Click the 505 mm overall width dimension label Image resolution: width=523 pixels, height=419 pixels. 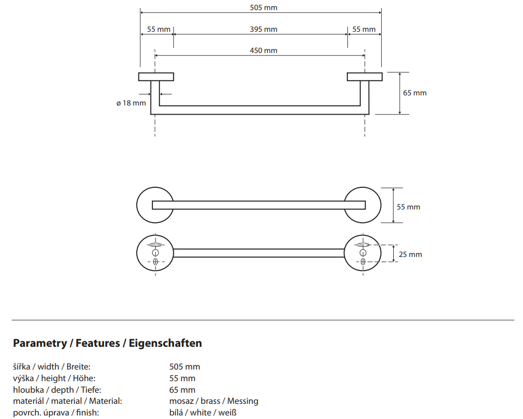264,8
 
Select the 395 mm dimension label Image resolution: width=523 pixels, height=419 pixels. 264,29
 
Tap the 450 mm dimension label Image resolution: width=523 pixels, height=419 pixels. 264,50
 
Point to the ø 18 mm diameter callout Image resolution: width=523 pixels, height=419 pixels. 131,103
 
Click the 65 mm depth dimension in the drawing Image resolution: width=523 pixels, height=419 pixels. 414,93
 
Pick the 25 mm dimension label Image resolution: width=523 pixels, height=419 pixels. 410,254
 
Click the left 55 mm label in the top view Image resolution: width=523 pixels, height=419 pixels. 159,29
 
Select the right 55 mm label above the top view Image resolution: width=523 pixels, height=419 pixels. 364,29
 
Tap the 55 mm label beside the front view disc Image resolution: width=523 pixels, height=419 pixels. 408,207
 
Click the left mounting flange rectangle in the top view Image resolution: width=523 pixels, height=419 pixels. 156,77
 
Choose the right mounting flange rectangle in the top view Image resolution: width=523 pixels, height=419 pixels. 364,77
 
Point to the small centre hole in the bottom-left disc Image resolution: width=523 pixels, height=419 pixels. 155,252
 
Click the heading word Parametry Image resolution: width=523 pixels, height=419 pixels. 40,343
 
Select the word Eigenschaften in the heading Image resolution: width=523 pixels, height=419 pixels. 166,343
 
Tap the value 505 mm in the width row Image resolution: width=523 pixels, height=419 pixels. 184,366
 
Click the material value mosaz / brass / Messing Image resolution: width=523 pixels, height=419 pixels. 214,401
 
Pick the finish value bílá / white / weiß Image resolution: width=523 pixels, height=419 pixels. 203,412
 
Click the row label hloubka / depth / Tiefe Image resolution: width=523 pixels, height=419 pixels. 57,390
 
